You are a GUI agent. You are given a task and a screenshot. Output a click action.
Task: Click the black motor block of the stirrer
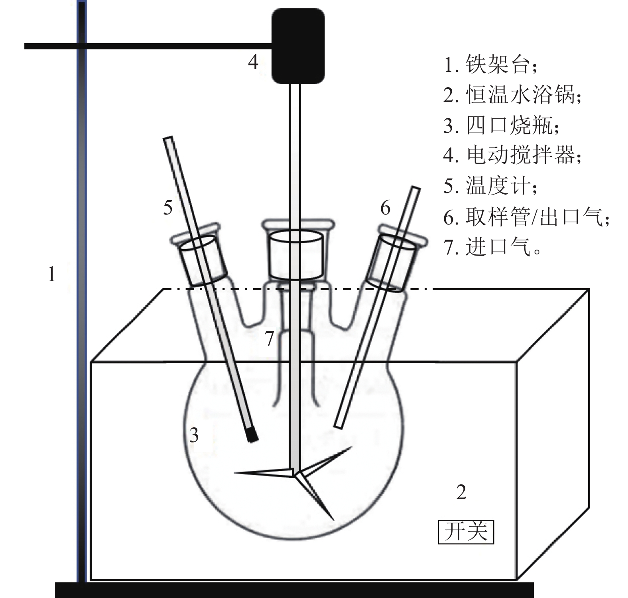[x=297, y=46]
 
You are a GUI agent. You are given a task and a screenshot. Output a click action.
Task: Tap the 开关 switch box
[x=466, y=532]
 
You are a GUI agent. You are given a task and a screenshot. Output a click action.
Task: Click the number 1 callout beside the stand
[x=51, y=275]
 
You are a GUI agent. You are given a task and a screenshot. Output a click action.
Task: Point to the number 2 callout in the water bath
[x=461, y=492]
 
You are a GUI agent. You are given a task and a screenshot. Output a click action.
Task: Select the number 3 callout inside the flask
[x=194, y=435]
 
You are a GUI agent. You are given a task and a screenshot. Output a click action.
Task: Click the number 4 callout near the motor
[x=253, y=62]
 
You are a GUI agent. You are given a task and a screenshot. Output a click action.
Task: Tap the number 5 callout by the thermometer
[x=168, y=208]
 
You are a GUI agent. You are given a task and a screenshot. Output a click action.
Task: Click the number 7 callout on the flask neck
[x=270, y=339]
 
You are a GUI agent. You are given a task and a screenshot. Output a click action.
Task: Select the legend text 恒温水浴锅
[x=520, y=95]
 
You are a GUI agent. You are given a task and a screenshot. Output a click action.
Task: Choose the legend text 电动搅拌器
[x=520, y=155]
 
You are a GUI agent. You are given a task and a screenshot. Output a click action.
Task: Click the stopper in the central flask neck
[x=295, y=255]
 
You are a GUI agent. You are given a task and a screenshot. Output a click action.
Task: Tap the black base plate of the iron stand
[x=294, y=590]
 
